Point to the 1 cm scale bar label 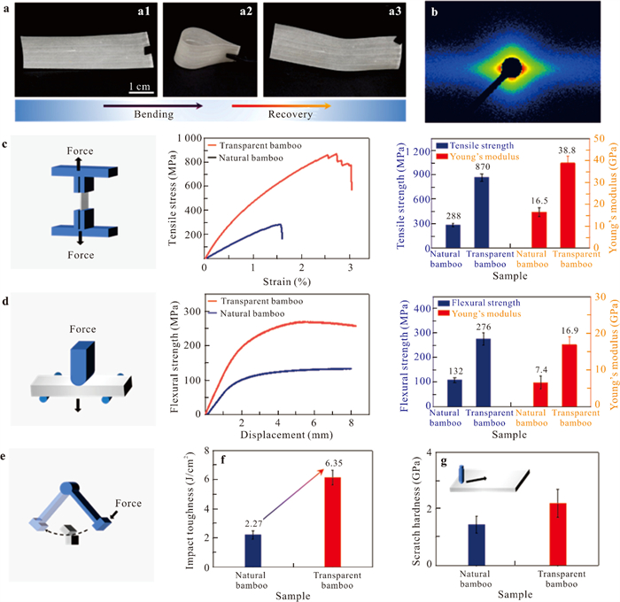[x=136, y=87]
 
